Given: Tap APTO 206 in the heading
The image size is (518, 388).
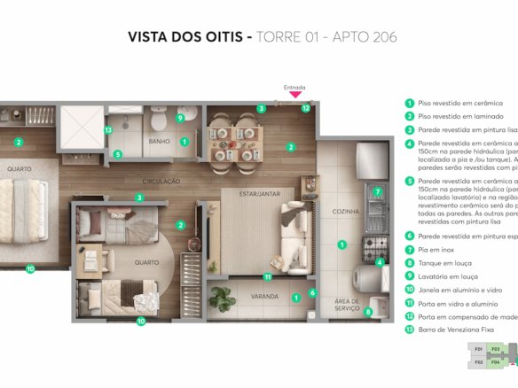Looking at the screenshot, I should [x=365, y=37].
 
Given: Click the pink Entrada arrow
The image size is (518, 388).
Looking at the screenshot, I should [x=294, y=95].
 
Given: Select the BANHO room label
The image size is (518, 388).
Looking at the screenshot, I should [x=160, y=141].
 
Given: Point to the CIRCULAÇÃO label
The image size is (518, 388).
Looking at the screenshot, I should [x=160, y=181].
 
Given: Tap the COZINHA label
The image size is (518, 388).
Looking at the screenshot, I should [x=346, y=212].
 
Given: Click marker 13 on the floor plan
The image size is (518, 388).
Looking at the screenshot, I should [x=107, y=130].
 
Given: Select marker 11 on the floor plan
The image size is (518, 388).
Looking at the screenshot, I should [x=267, y=276].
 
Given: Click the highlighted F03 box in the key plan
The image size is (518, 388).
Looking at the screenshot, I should [x=496, y=350].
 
